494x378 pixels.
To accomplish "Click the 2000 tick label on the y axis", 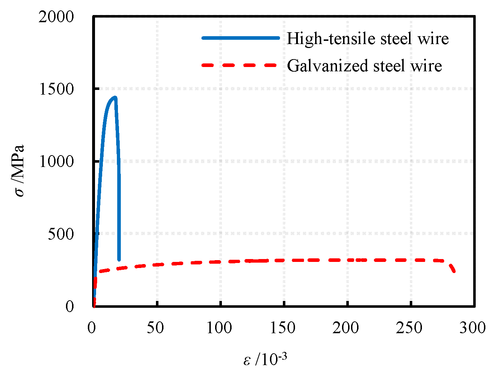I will coord(56,17).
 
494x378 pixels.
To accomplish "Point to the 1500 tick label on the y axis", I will coord(56,89).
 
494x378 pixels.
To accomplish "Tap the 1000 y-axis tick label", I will coord(56,162).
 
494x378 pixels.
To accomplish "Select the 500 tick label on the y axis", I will coord(61,234).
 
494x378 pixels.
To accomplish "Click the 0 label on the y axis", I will coord(70,307).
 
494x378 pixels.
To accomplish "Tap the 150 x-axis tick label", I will coord(282,328).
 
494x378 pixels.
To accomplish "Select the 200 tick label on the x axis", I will coord(346,328).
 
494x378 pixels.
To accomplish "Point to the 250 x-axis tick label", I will coord(409,328).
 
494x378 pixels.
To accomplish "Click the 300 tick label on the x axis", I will coord(472,328).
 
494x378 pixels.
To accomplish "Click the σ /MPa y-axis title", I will coord(19,171).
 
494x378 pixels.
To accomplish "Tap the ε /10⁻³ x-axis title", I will coord(265,359).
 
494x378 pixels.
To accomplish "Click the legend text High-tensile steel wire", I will coord(367,38).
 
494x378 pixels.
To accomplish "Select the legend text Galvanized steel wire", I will coord(364,66).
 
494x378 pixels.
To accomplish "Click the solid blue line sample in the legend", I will coord(241,38).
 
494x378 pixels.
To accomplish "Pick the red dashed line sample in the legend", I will coord(239,65).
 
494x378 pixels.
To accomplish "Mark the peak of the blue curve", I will coord(115,97).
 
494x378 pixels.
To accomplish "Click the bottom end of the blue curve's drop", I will coord(119,260).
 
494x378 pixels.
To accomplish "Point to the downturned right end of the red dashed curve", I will coord(454,271).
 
